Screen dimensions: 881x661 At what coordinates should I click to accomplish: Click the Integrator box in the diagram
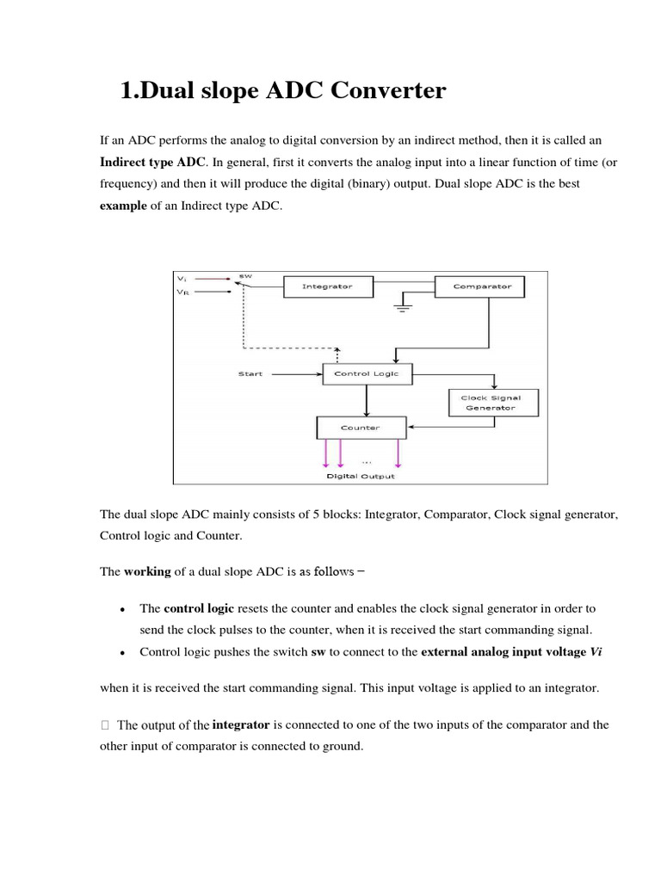[326, 286]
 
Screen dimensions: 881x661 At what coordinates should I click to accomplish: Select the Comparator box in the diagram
[481, 286]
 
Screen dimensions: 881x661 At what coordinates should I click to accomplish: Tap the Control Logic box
[366, 374]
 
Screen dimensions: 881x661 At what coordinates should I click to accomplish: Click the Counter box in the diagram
[361, 427]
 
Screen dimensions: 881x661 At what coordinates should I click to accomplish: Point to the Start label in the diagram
[250, 374]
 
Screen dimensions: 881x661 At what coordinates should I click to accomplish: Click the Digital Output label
[361, 476]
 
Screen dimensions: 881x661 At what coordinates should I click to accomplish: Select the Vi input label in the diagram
[182, 278]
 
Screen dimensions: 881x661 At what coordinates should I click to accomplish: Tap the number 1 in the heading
[127, 90]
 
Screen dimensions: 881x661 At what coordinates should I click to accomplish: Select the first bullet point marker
[125, 609]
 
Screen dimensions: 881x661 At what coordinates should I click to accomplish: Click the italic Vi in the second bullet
[595, 652]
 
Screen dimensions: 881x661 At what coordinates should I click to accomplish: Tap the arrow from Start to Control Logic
[293, 374]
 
